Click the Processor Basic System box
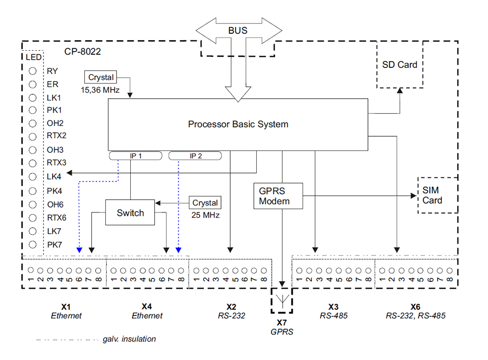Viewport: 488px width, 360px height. click(x=238, y=124)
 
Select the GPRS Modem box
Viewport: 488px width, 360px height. click(x=278, y=196)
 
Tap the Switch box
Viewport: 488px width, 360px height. click(x=130, y=212)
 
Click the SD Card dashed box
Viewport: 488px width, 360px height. click(x=400, y=64)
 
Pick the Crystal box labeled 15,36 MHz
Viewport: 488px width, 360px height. click(x=101, y=77)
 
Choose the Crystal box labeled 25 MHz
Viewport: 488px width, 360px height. click(x=205, y=203)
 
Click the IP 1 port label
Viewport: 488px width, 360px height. click(x=135, y=155)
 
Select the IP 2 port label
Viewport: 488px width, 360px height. click(x=195, y=155)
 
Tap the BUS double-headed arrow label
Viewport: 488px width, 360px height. click(x=238, y=30)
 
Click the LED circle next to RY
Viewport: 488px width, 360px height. click(x=33, y=71)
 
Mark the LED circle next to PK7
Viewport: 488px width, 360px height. click(x=33, y=244)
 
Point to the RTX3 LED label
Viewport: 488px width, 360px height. click(x=57, y=163)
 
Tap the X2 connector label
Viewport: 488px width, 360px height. click(x=231, y=307)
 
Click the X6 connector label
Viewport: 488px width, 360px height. click(x=415, y=307)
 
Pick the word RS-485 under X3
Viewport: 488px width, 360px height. click(x=333, y=316)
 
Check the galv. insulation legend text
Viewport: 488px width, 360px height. click(x=129, y=339)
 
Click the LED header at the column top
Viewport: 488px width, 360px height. click(x=33, y=57)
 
